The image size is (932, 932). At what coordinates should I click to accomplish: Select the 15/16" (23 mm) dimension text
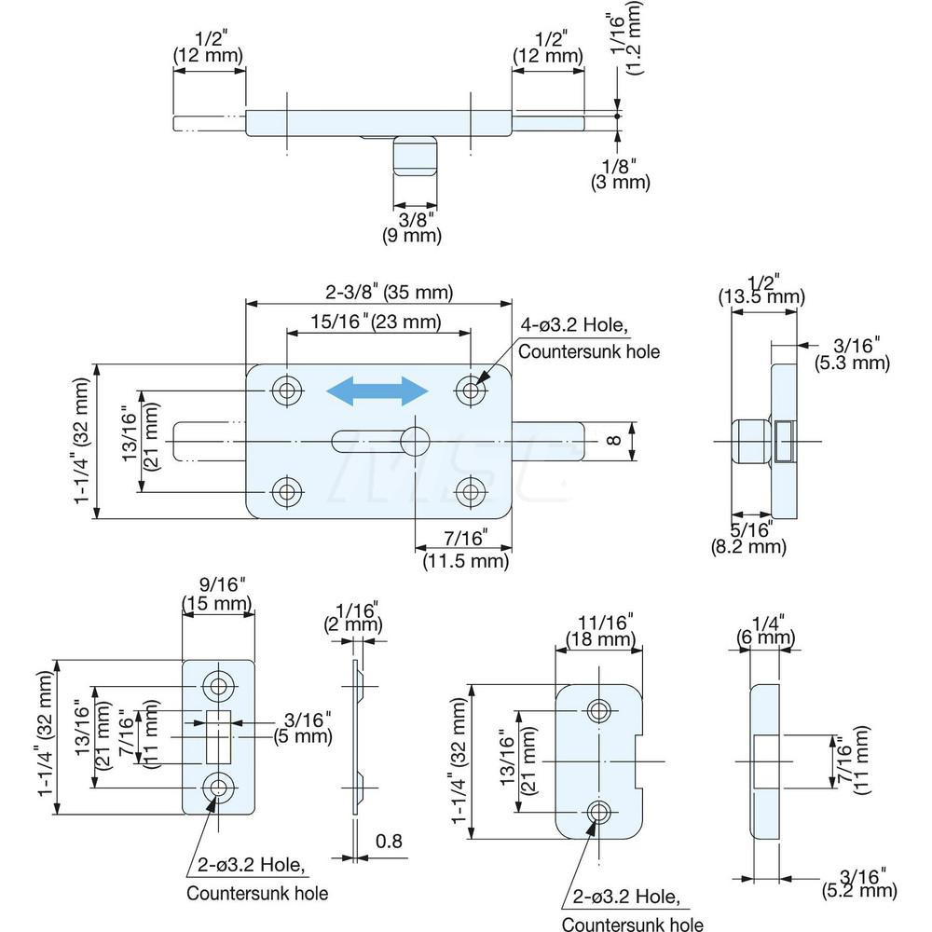point(377,323)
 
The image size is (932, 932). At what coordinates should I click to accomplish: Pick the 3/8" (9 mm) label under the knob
point(414,227)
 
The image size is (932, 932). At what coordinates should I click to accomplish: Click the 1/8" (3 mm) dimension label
point(620,174)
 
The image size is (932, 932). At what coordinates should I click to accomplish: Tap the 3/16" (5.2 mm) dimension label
point(859,882)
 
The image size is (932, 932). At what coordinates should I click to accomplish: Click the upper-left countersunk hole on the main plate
point(287,391)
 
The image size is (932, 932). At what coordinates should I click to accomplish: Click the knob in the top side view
point(415,157)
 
